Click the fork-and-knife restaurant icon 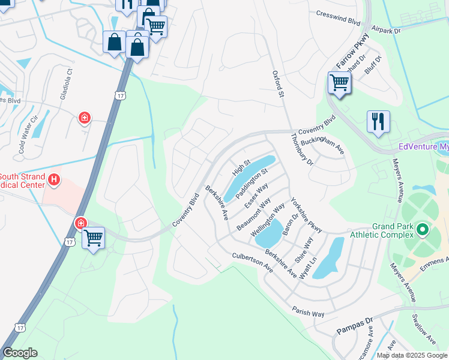point(378,121)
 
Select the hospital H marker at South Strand point(53,179)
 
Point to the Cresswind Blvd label point(338,17)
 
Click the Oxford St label point(277,83)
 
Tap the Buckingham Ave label point(322,144)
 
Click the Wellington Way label point(268,220)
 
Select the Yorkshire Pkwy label point(306,215)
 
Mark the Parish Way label point(309,312)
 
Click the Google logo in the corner point(20,353)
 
